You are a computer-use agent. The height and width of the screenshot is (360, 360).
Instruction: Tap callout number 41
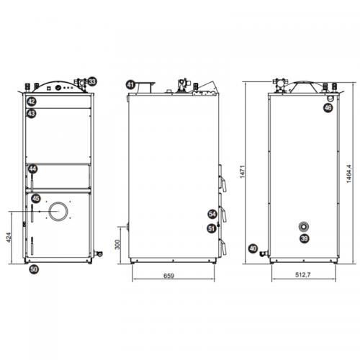click(x=130, y=84)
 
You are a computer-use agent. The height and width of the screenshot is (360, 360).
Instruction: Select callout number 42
click(x=32, y=102)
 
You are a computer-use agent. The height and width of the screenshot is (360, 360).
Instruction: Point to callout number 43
click(x=32, y=113)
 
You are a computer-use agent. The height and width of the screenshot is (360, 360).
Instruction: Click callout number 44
click(x=32, y=168)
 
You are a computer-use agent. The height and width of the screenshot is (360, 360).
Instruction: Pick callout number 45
click(x=36, y=198)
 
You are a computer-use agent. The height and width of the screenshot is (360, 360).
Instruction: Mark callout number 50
click(x=33, y=269)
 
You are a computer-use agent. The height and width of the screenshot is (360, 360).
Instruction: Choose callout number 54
click(x=212, y=214)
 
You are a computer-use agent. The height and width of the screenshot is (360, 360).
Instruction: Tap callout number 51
click(x=212, y=228)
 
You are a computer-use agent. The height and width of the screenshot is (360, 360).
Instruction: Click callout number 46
click(x=328, y=108)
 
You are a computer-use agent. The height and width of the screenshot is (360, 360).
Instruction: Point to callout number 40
click(x=253, y=248)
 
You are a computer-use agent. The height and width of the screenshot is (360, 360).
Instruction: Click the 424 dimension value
click(x=7, y=238)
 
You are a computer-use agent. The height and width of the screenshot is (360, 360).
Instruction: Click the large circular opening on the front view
click(x=58, y=212)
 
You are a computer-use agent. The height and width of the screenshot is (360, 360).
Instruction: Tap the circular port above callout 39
click(x=303, y=226)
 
